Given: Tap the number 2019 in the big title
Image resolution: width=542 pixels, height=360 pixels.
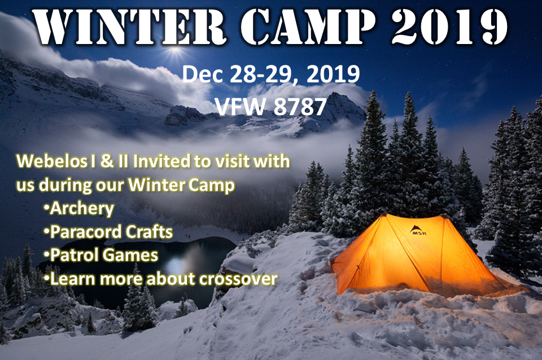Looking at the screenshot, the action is point(449,27).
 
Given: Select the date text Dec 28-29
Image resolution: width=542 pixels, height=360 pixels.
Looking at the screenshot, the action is point(243,74).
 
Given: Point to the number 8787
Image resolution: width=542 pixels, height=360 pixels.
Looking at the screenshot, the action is point(300,107).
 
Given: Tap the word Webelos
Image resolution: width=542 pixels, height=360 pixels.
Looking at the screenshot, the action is point(51,161).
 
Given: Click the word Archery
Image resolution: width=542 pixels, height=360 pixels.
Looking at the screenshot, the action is point(82,209).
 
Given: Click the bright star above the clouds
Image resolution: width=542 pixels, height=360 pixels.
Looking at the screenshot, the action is point(175,52).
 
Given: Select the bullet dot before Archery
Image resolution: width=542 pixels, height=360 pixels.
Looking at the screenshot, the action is point(46,207).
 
